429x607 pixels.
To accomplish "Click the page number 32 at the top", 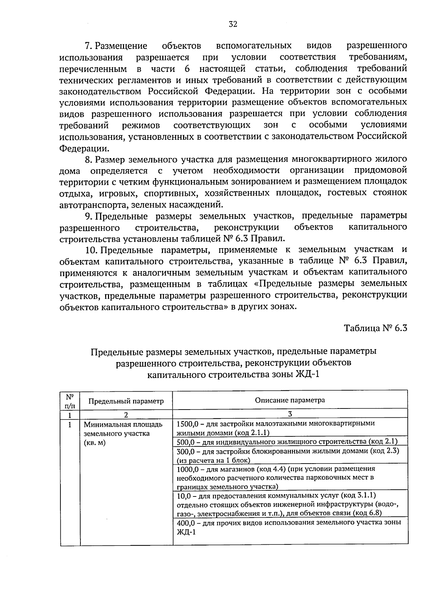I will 233,24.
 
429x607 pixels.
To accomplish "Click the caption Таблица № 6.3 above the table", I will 375,328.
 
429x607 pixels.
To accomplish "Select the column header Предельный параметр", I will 126,401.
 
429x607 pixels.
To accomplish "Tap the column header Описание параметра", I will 290,400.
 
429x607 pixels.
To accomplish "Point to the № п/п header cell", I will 70,401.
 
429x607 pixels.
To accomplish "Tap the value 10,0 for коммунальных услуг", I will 184,495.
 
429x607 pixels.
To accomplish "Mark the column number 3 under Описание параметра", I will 290,414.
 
